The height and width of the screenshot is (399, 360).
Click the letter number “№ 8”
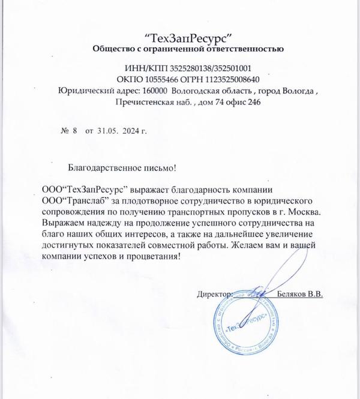click(70, 130)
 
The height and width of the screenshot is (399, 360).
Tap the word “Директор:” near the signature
click(214, 294)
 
